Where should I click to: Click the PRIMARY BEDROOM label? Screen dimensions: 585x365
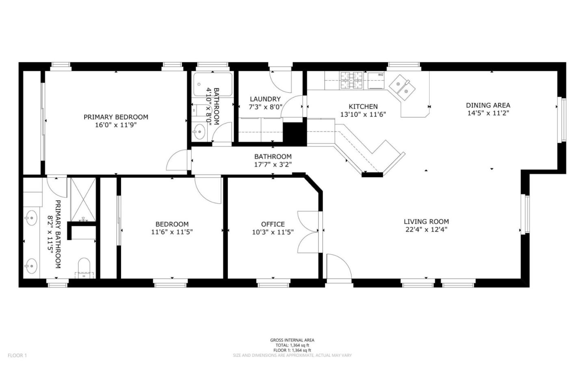click(116, 117)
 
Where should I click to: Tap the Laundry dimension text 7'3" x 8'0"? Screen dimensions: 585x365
click(266, 107)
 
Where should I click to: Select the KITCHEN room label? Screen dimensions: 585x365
click(363, 106)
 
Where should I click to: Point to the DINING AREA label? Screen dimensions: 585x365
click(488, 105)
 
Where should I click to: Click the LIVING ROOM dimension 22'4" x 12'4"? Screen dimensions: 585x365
click(427, 229)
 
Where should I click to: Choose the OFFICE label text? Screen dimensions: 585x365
click(273, 224)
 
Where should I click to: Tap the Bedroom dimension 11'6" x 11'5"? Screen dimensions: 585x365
click(172, 232)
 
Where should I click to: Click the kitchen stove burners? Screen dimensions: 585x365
click(351, 80)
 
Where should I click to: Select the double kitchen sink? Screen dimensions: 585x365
click(402, 87)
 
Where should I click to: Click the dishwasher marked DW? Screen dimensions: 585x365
click(376, 81)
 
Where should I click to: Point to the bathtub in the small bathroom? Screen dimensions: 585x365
click(213, 84)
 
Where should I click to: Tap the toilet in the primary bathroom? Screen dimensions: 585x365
click(84, 268)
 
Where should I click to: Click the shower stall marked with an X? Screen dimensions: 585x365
click(83, 200)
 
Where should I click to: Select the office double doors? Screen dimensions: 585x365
click(308, 232)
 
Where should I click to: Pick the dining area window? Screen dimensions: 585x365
click(561, 120)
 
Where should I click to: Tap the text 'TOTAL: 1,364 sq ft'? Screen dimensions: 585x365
click(292, 345)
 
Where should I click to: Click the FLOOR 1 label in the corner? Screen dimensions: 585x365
click(17, 355)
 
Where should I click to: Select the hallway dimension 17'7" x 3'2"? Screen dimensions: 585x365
click(273, 164)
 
